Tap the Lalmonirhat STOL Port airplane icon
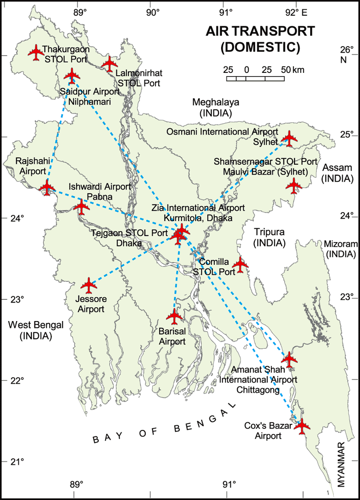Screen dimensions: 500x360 pos(109,64)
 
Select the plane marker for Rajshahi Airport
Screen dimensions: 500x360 pos(47,187)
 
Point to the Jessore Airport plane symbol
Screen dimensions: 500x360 pos(89,285)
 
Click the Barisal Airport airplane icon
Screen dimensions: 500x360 pos(174,316)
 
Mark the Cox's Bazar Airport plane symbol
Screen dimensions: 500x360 pos(302,426)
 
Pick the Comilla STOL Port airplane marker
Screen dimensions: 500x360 pos(240,265)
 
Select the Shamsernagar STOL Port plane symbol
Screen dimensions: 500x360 pos(294,185)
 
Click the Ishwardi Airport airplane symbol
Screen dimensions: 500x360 pos(82,207)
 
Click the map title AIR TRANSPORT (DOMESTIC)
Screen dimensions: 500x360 pos(260,38)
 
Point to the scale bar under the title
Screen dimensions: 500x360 pos(255,78)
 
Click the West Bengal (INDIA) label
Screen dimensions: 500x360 pos(36,330)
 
